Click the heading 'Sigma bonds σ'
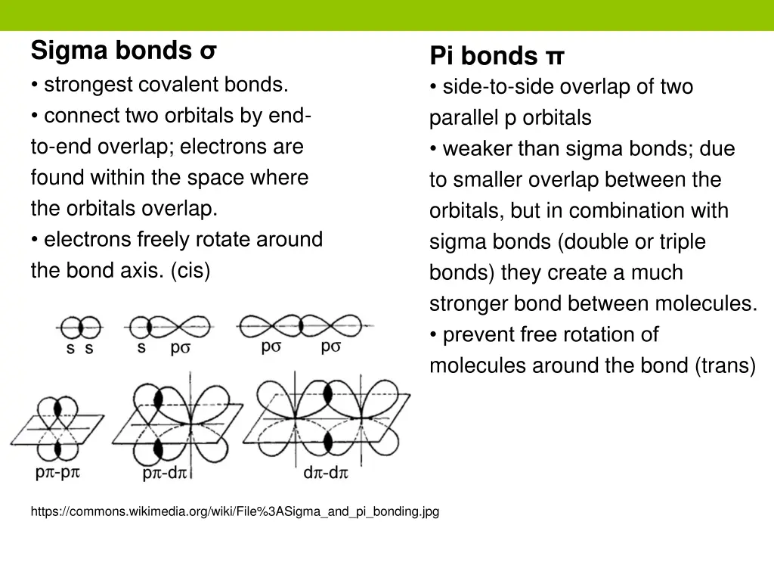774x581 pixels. click(x=124, y=51)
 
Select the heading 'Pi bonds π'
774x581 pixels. click(x=497, y=56)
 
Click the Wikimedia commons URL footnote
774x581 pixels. click(x=234, y=512)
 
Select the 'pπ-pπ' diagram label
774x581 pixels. click(x=57, y=473)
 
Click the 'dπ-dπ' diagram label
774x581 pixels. click(x=325, y=474)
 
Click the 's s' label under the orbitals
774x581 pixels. click(x=79, y=350)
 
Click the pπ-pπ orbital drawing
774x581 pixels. click(x=58, y=427)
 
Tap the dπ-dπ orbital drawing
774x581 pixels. click(x=327, y=421)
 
